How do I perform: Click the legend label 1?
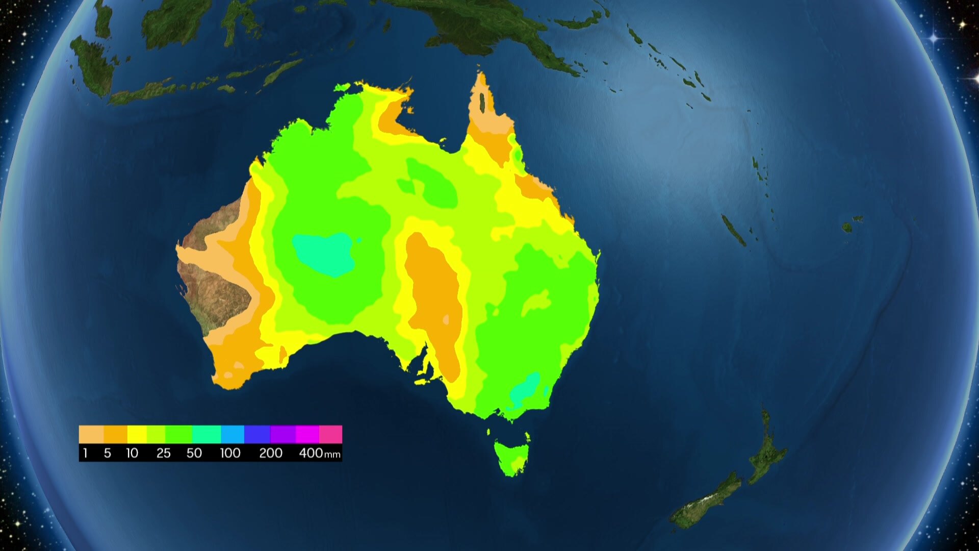point(85,453)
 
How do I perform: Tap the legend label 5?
point(107,453)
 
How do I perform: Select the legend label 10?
point(132,453)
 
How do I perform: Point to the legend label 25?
point(163,453)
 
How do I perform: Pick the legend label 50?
point(194,453)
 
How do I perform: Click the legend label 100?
point(230,453)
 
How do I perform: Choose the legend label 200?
point(270,453)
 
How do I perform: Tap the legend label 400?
point(311,453)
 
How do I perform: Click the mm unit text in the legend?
point(332,455)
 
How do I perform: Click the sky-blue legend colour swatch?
point(233,434)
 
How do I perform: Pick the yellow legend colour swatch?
point(137,434)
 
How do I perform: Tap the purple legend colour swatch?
point(282,434)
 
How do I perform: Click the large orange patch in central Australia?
point(436,301)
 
